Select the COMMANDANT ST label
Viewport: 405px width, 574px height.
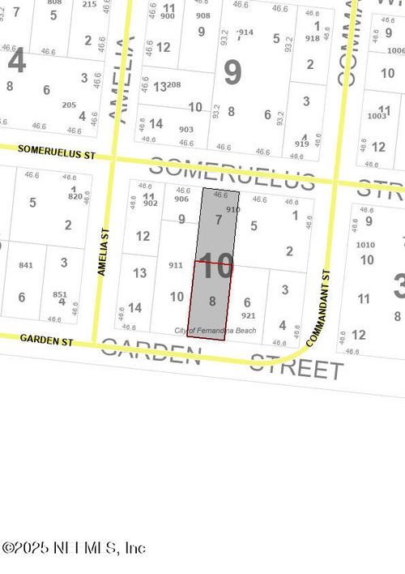click(318, 308)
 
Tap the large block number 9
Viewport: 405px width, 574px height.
click(232, 73)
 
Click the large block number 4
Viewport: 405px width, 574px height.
click(15, 61)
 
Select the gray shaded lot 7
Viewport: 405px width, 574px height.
click(217, 220)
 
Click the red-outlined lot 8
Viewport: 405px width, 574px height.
click(211, 300)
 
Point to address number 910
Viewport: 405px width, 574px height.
click(233, 210)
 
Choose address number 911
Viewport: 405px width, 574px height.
click(175, 265)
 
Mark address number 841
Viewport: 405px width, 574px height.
click(25, 265)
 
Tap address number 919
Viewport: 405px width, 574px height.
click(302, 143)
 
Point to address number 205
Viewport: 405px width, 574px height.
click(69, 105)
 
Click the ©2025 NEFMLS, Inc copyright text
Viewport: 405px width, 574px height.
click(74, 549)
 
